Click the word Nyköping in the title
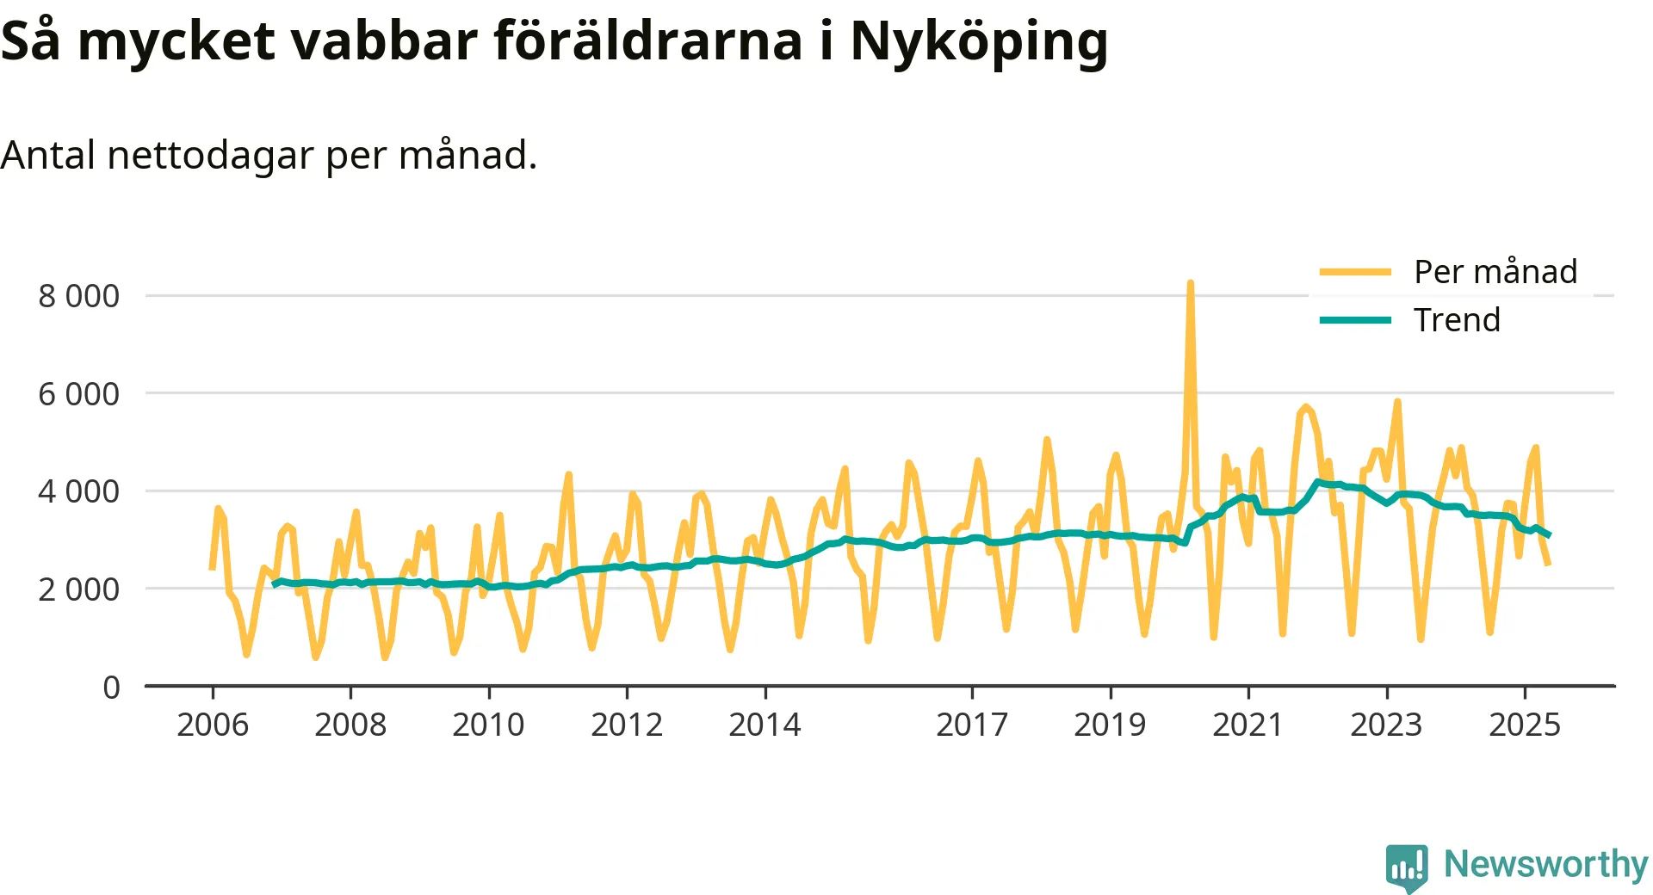[979, 41]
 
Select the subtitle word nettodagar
[210, 156]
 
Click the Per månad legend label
[1495, 272]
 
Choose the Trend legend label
[1457, 320]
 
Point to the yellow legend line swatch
[1355, 272]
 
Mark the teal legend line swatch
[1355, 320]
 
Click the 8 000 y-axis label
[78, 296]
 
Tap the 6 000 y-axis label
[78, 394]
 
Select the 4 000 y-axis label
[78, 491]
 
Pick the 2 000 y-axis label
[78, 589]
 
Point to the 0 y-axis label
[111, 688]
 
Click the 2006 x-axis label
[213, 725]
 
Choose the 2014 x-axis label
[765, 725]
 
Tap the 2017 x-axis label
[972, 725]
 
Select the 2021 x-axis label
[1247, 725]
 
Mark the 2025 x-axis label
[1524, 725]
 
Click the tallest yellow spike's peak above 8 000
[1190, 283]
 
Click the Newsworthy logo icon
[1407, 867]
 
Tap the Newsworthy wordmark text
[1545, 864]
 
